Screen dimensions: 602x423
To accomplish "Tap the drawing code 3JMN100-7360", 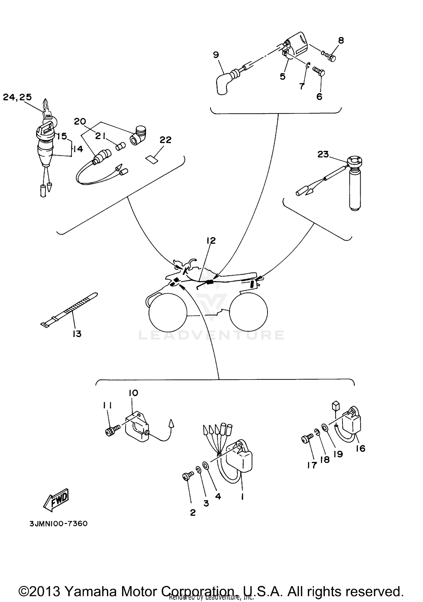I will pos(59,524).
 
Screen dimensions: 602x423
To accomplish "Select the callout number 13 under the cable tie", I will pos(77,334).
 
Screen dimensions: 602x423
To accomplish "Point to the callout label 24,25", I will pos(17,97).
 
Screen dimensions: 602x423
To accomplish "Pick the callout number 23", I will pos(323,154).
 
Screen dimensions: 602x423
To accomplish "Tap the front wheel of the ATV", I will pos(168,312).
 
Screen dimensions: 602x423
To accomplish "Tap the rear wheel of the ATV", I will pos(248,312).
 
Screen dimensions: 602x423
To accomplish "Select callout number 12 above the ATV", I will pos(211,241).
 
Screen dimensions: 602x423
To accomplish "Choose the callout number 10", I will pos(133,393).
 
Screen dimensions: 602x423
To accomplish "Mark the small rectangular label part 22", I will pos(152,160).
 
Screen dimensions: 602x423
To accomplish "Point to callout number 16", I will pos(360,448).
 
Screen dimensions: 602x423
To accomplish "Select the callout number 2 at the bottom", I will pos(193,513).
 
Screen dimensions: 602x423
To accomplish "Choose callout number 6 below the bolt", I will pos(319,97).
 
